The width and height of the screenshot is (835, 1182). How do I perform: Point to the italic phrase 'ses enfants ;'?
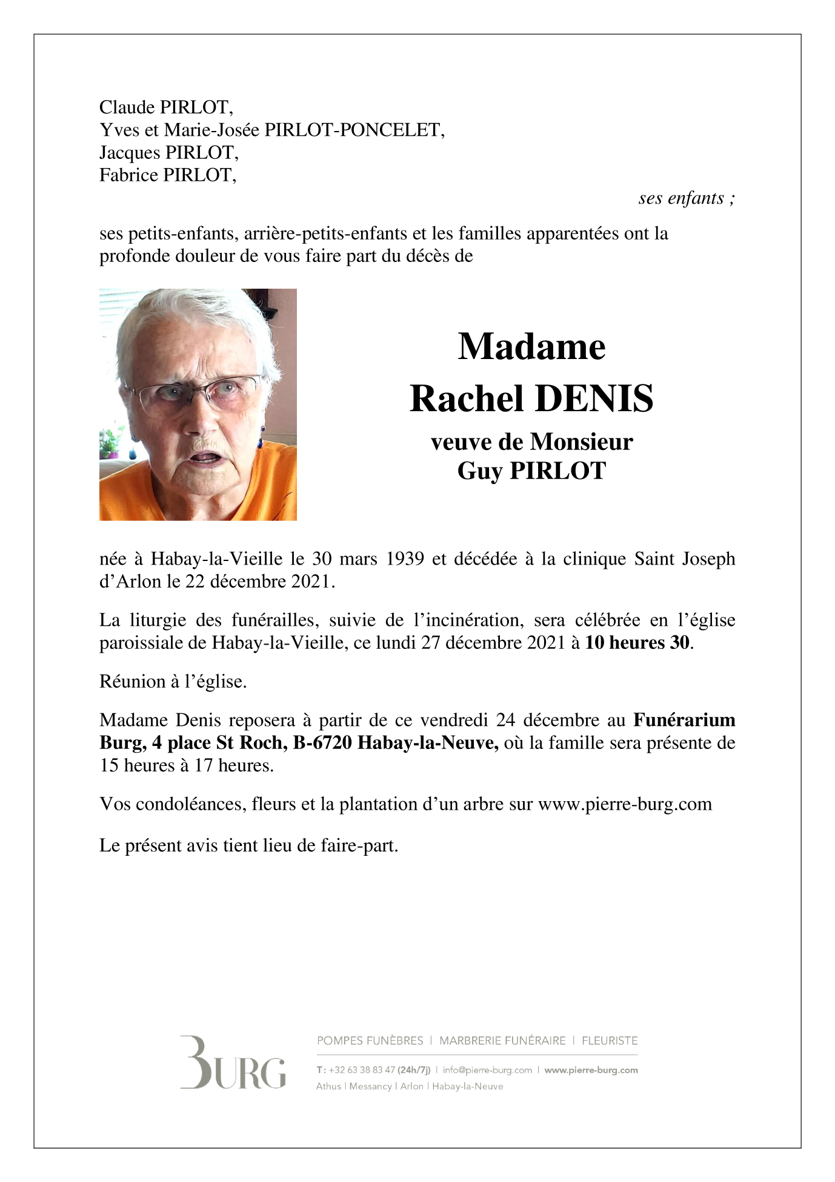pos(687,198)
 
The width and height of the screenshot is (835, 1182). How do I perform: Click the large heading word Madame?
pos(531,347)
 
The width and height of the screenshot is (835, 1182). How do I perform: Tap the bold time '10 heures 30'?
pos(637,642)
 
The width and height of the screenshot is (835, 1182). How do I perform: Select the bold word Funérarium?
pos(684,720)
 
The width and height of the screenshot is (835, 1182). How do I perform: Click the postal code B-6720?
pos(322,743)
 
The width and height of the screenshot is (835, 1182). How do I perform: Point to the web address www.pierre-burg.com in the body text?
pos(625,804)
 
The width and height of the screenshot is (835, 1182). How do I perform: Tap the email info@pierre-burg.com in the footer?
pos(487,1070)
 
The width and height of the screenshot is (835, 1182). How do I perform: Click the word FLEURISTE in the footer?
pos(610,1041)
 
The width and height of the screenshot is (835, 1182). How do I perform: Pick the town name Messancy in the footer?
pos(370,1086)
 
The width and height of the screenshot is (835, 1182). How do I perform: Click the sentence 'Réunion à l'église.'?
pos(173,682)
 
